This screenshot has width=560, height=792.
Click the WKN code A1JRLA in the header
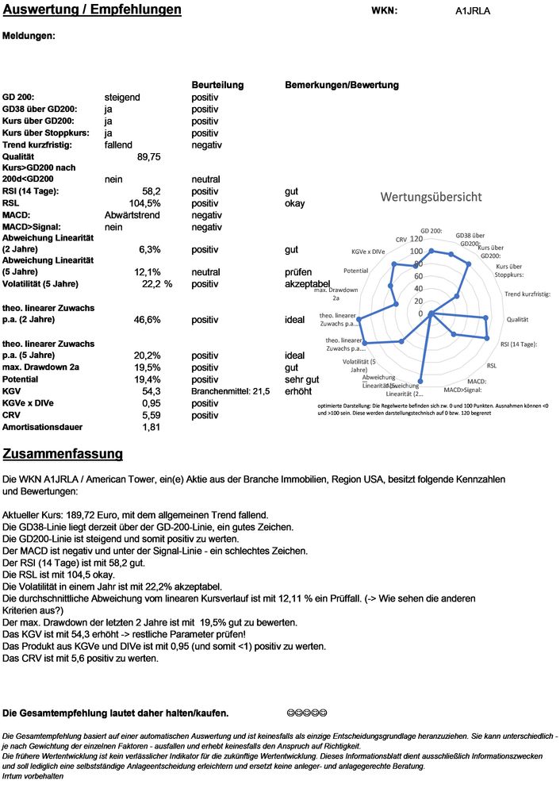[474, 11]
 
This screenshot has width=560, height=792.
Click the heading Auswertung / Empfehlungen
[92, 10]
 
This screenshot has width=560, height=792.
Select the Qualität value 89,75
[149, 157]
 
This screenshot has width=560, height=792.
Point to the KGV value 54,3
[152, 391]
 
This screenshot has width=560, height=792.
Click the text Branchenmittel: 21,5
[231, 391]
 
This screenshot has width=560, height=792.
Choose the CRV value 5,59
[151, 415]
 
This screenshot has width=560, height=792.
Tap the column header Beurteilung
[217, 85]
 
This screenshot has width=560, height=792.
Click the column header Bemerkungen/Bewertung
[341, 85]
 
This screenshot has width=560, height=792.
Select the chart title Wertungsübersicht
[431, 197]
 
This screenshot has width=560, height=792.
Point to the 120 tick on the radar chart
[416, 239]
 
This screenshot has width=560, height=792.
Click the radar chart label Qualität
[518, 319]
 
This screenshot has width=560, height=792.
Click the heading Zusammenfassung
[63, 454]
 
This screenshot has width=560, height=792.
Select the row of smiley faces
[306, 713]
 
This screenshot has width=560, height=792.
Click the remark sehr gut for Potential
[301, 379]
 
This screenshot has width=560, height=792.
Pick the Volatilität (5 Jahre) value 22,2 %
[157, 284]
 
